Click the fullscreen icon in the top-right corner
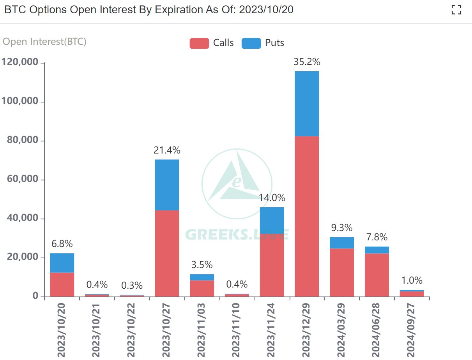click(x=456, y=10)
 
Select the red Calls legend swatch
click(x=199, y=43)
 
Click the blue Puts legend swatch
click(x=251, y=43)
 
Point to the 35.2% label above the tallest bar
click(x=307, y=62)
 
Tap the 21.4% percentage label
click(x=167, y=150)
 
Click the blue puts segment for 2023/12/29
click(x=307, y=104)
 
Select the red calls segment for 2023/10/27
click(x=167, y=253)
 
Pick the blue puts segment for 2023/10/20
click(x=62, y=263)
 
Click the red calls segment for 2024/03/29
click(x=342, y=272)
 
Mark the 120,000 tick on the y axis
click(x=20, y=62)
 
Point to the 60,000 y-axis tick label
click(x=23, y=180)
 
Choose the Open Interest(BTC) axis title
click(x=44, y=42)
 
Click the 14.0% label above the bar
click(x=272, y=198)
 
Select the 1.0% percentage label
click(x=412, y=281)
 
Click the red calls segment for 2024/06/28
click(x=377, y=275)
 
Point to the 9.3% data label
click(x=342, y=228)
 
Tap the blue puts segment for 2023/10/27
click(x=167, y=185)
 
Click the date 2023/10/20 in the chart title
click(x=266, y=10)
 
